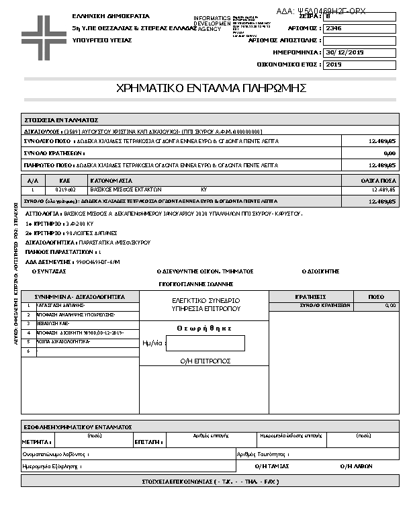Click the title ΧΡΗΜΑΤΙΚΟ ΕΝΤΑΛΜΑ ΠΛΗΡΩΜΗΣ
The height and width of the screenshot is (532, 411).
(x=211, y=88)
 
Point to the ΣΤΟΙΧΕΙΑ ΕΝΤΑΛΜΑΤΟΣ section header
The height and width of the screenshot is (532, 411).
(x=61, y=119)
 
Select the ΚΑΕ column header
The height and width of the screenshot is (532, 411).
(x=65, y=181)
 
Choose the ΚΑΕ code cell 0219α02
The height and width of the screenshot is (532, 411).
(x=66, y=190)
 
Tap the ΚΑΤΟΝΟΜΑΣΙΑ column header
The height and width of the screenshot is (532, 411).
(x=111, y=181)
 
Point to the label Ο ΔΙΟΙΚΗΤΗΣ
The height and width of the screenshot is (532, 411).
(x=320, y=271)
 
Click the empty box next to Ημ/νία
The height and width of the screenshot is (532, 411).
(x=205, y=343)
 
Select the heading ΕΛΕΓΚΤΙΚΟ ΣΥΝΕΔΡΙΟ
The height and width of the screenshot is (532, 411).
(x=205, y=300)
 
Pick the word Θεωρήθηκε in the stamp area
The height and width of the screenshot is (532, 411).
(x=204, y=328)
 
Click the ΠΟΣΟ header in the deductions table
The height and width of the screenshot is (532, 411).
(x=376, y=296)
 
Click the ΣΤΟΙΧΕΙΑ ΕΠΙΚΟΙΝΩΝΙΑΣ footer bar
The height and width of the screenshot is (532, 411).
(x=210, y=482)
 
